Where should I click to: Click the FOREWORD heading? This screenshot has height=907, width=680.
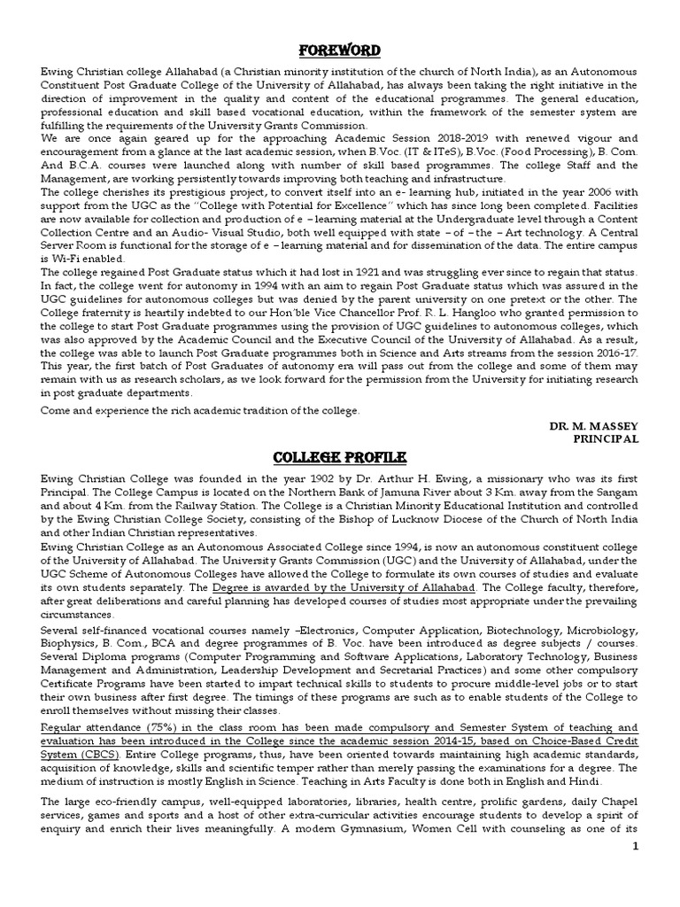(x=339, y=50)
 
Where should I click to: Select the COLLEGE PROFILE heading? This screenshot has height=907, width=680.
(x=339, y=456)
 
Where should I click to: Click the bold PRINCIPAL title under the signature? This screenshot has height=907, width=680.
(x=606, y=438)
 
